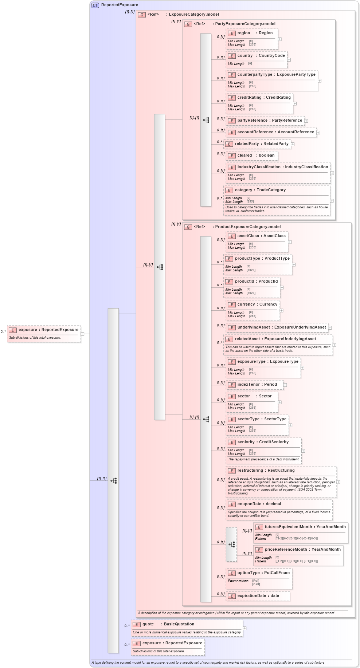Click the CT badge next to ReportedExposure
pos(95,5)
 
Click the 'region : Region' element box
pos(255,33)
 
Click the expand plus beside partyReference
pos(306,121)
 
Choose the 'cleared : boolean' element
pos(255,156)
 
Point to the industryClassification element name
pos(259,167)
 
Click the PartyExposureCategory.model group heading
pos(245,24)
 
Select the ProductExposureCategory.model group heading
pos(247,227)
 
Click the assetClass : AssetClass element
pos(261,236)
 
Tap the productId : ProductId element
pos(256,282)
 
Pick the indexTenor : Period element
pos(257,385)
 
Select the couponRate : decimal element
pos(259,504)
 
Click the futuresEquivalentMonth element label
pos(288,527)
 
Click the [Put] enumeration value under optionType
pos(256,581)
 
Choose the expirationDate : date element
pos(258,596)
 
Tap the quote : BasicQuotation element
pos(168,624)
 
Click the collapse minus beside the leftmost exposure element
pos(82,334)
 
